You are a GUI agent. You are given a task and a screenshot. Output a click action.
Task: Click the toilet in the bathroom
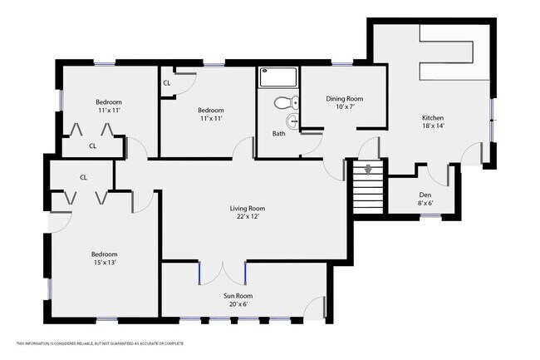[287, 102]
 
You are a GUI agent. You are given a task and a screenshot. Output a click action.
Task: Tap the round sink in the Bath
[292, 121]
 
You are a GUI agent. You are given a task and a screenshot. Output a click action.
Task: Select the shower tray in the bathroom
[278, 76]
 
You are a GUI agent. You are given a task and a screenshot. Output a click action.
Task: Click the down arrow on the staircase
[368, 170]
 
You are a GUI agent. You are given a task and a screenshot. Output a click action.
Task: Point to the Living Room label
[248, 209]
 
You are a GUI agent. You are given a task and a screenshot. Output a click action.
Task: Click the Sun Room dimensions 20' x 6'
[238, 304]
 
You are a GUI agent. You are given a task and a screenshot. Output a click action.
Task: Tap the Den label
[425, 195]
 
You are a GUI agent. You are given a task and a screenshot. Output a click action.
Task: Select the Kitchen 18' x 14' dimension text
[433, 126]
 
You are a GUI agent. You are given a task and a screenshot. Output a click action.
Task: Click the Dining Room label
[345, 99]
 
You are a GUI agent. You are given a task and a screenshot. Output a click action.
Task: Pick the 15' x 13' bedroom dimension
[105, 263]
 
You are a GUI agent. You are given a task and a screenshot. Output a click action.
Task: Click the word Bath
[279, 134]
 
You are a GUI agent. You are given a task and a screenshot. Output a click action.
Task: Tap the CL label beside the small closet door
[167, 83]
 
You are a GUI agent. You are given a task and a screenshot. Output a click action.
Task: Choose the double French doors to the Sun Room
[223, 273]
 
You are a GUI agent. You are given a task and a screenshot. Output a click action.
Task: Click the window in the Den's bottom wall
[431, 216]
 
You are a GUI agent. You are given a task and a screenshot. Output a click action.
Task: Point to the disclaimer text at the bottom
[101, 343]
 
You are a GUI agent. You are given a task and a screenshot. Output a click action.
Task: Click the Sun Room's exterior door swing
[314, 307]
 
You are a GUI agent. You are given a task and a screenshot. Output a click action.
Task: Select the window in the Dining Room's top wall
[342, 63]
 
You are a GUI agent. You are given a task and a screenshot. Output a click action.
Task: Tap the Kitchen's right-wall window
[493, 121]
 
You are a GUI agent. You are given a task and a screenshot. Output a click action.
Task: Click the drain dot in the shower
[265, 71]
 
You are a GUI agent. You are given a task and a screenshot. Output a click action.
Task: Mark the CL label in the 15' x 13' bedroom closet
[83, 177]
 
